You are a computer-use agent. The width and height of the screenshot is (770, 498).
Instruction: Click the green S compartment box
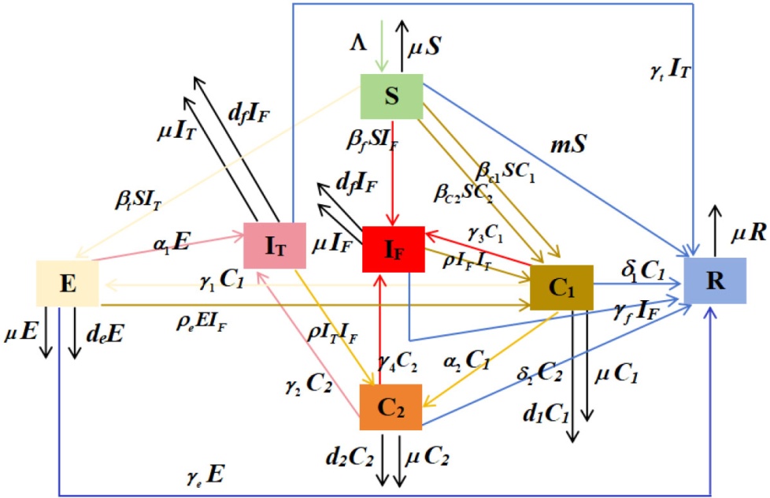391,97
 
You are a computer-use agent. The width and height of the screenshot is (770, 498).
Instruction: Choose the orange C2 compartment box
391,407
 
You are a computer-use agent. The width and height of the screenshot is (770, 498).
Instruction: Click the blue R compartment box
714,281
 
